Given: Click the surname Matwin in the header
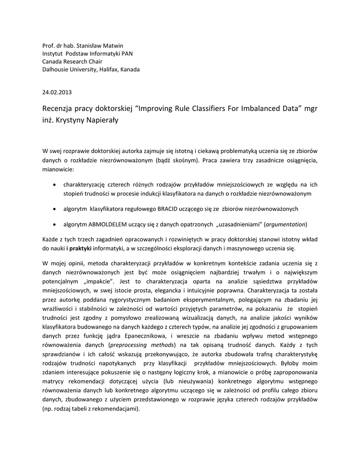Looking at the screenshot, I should (112, 46).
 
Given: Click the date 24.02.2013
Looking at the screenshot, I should (57, 92).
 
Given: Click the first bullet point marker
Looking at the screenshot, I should (55, 185).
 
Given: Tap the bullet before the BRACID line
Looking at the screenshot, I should (55, 208).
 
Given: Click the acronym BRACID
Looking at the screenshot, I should (171, 208).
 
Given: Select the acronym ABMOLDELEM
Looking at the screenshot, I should (108, 224).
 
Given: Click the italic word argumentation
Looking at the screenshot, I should (285, 224).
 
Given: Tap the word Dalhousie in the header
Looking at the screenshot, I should (57, 70).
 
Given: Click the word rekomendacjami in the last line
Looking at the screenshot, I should (116, 408).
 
